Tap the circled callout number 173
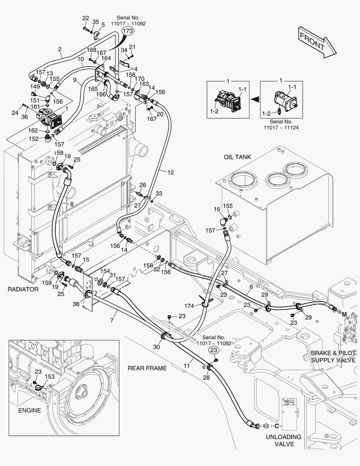coord(128,31)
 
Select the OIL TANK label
coord(237,157)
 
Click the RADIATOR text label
coord(23,289)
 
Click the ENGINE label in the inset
coord(29,410)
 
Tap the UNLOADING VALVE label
coord(283,441)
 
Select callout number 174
coord(189,306)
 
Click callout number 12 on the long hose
coord(171,173)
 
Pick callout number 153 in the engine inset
coord(50,377)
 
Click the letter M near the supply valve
coord(345,315)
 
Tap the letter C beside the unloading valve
coord(278,426)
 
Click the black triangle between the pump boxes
coord(255,99)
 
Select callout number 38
coord(76,304)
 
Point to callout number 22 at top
coord(85,18)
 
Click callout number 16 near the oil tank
coord(217,209)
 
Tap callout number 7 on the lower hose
coord(112,321)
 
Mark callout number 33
coord(159,193)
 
